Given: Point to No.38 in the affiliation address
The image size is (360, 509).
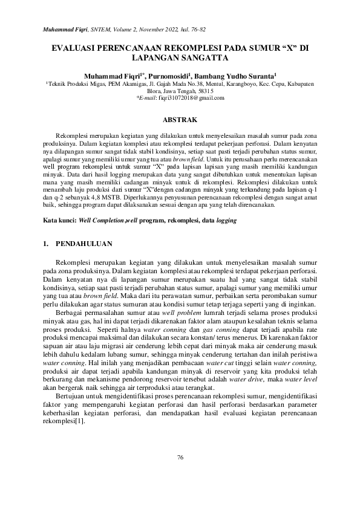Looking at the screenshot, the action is pos(197,84).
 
